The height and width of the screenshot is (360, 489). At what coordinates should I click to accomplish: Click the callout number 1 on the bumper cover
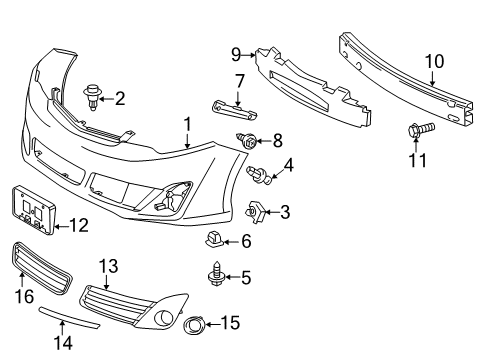tap(186, 124)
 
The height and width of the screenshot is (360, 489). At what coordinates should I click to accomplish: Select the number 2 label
tap(120, 98)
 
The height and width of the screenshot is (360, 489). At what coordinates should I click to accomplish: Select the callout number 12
tap(78, 226)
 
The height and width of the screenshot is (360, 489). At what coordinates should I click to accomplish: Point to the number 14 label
tap(63, 343)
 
